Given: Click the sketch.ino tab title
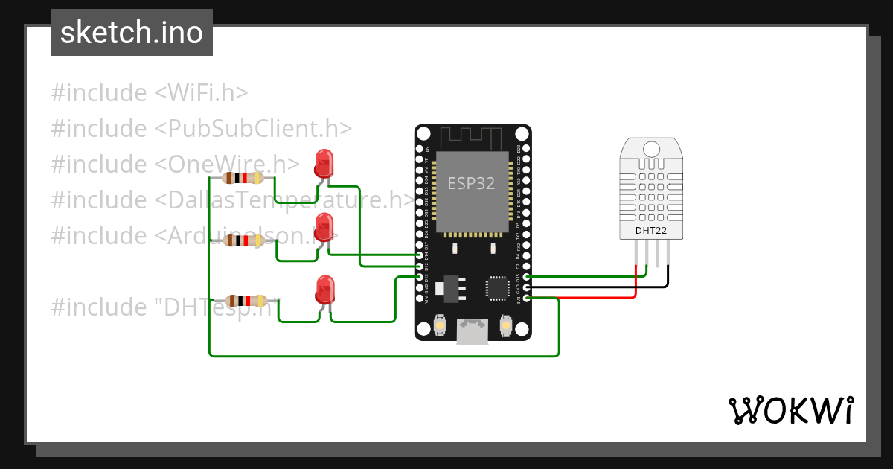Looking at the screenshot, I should [x=131, y=33].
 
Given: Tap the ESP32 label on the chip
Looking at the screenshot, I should [x=470, y=183].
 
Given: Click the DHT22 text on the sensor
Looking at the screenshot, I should [x=650, y=231].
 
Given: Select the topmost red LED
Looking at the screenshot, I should [x=324, y=162].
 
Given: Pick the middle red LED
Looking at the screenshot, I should [x=324, y=226].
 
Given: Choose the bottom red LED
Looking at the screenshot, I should [x=324, y=289].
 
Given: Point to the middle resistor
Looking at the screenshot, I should [x=243, y=241].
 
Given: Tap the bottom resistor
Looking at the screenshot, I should [x=246, y=301].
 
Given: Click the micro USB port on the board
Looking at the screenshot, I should [x=473, y=332].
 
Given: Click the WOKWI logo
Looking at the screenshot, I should [x=790, y=410].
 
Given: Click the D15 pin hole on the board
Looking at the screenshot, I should [x=527, y=277].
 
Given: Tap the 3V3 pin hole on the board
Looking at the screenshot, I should [x=527, y=299].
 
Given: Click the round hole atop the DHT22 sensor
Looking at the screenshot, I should [x=650, y=147].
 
